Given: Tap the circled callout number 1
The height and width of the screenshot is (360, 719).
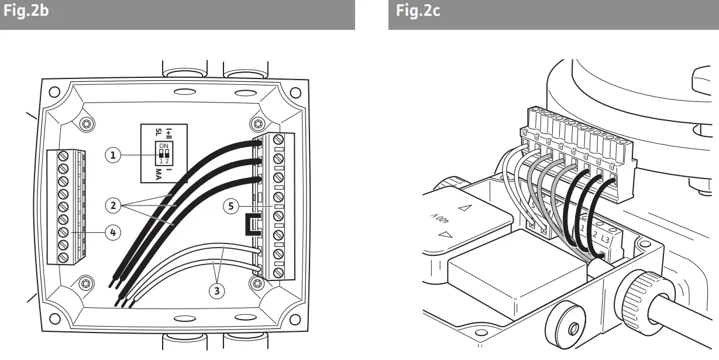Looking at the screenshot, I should point(113,155).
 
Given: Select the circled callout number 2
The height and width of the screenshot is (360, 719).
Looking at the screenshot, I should point(113,205).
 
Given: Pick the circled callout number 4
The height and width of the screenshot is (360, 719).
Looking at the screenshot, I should point(113,232).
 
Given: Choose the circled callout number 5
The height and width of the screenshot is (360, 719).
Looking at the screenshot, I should point(232,205).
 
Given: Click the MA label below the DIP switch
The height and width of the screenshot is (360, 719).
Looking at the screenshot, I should point(159,174).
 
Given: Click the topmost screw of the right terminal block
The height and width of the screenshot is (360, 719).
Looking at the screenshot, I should point(278,139).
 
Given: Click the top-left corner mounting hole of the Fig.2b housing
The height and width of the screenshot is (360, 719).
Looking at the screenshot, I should point(54,92).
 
